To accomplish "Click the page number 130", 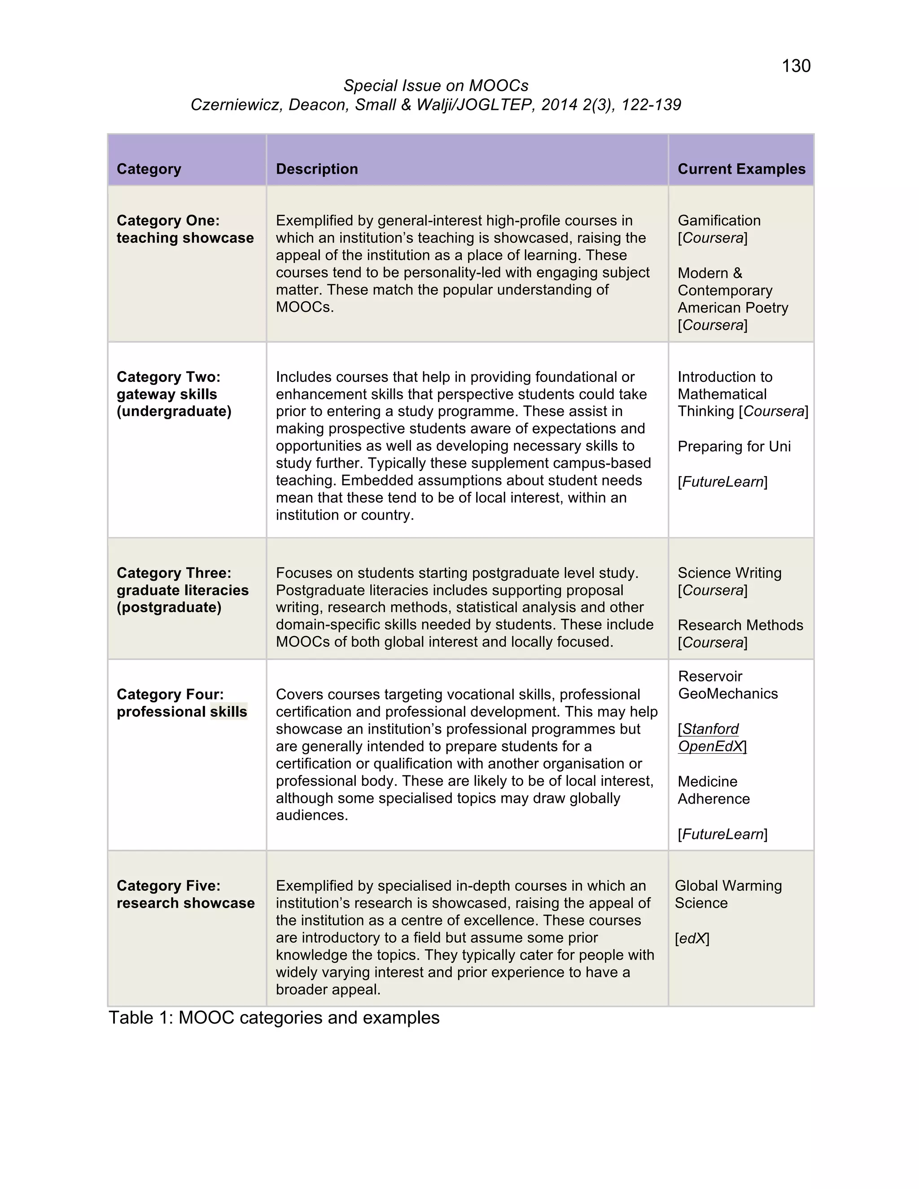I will tap(796, 66).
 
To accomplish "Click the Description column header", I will tap(317, 169).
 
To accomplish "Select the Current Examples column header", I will tap(741, 169).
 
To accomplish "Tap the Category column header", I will tap(149, 169).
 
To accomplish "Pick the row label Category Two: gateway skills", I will tap(174, 394).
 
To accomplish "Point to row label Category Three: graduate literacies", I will tap(182, 590).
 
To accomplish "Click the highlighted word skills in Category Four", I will tap(229, 712).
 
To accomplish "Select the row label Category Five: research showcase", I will tap(185, 895).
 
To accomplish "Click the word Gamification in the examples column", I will tap(719, 220).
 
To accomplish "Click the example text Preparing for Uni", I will tap(734, 446).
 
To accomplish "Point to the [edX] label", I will tap(692, 939).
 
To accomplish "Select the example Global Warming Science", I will tap(727, 895).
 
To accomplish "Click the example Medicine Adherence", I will tap(713, 790).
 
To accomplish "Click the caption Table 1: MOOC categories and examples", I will tap(274, 1018).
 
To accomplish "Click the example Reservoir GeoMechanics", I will tap(727, 685).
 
